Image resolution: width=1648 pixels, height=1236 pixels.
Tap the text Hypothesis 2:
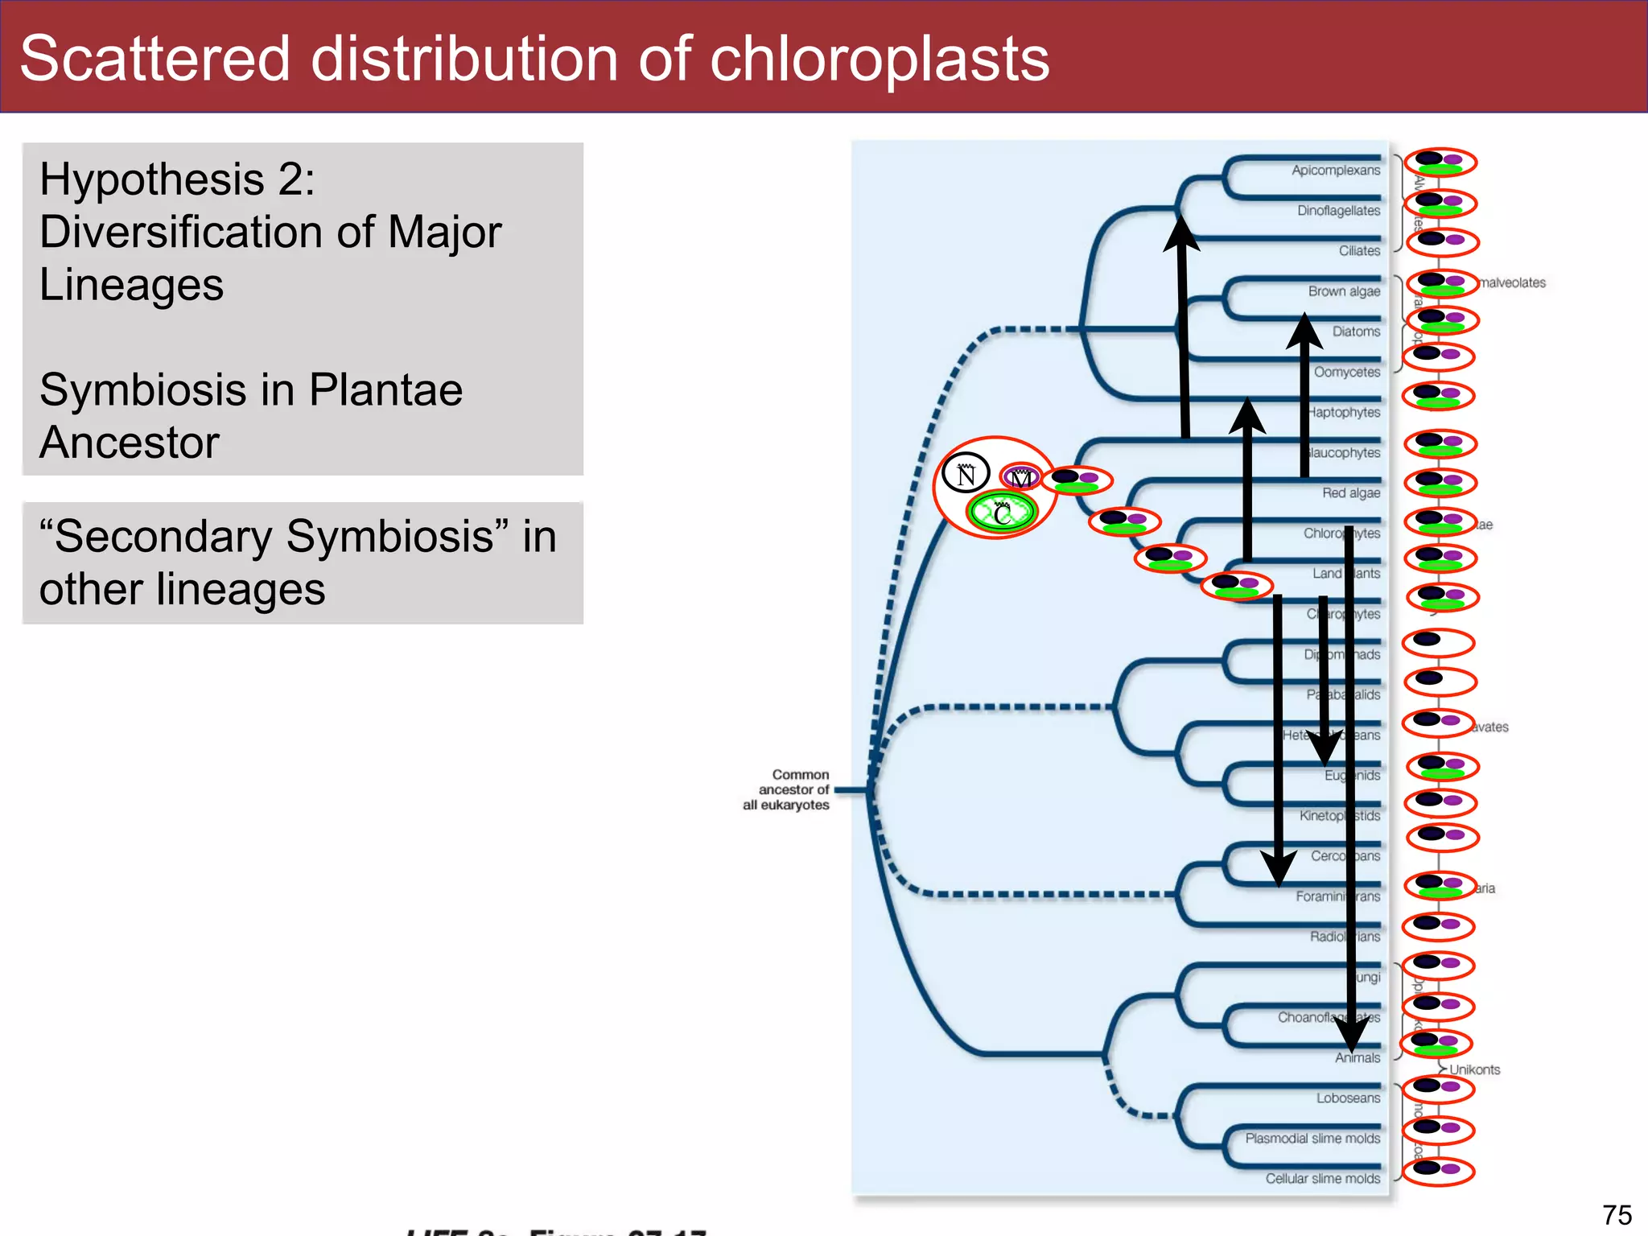click(177, 179)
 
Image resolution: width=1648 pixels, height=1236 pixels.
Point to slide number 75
click(1616, 1214)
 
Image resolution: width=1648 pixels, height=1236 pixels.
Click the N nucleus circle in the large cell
click(966, 474)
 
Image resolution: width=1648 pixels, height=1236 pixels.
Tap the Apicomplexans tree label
click(1335, 171)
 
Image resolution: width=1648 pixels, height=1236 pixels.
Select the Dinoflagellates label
click(1337, 211)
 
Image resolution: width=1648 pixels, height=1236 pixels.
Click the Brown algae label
click(1343, 291)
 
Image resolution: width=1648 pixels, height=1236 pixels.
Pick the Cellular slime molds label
click(1322, 1179)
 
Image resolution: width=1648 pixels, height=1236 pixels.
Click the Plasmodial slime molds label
click(1312, 1139)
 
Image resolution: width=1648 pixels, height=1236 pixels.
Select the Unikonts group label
click(1474, 1069)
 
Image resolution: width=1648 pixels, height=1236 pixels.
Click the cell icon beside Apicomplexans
click(1440, 163)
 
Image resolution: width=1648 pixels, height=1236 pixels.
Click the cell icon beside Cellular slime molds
click(1438, 1170)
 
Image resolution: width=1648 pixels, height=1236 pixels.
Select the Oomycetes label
click(1346, 373)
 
